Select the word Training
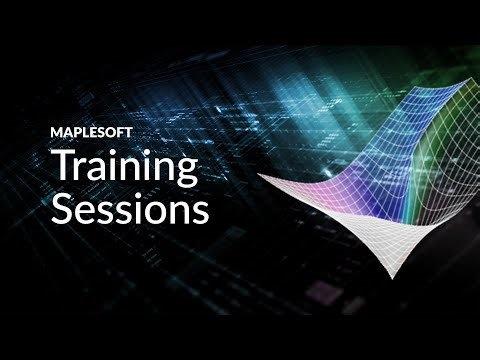pyautogui.click(x=124, y=167)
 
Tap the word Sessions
pyautogui.click(x=130, y=210)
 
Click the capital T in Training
pyautogui.click(x=63, y=165)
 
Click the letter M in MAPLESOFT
pyautogui.click(x=56, y=131)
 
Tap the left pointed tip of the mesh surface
pyautogui.click(x=259, y=177)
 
